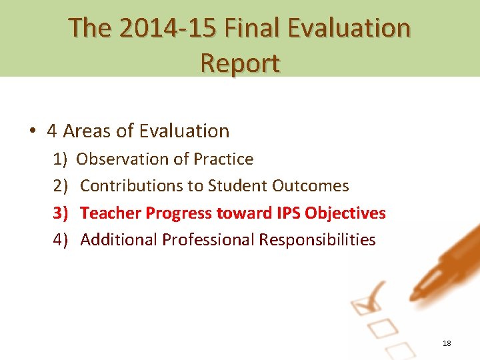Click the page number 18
click(x=447, y=343)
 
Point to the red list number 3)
click(x=61, y=213)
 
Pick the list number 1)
click(x=61, y=159)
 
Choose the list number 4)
click(x=61, y=240)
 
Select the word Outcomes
click(x=310, y=186)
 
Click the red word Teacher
click(x=111, y=213)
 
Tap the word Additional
click(x=119, y=240)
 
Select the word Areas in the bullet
click(x=87, y=131)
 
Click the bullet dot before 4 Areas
click(x=32, y=131)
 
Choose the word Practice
click(x=223, y=159)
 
